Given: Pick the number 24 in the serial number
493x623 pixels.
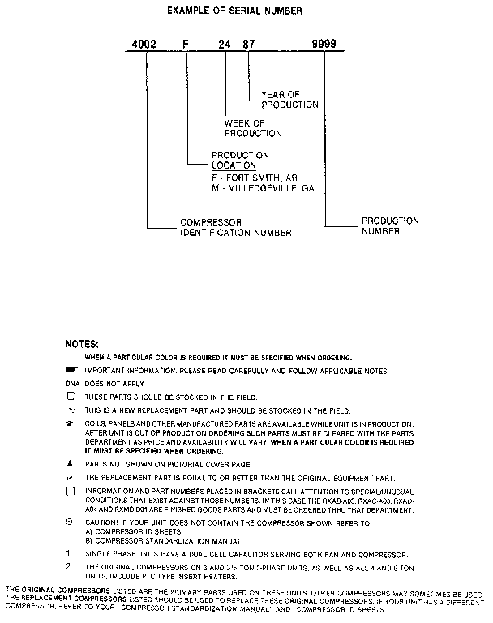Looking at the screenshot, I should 223,45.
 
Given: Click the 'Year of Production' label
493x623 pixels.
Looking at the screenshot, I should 289,99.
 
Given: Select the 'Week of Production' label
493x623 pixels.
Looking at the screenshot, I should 253,128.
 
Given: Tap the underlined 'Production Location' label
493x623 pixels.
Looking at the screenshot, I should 240,160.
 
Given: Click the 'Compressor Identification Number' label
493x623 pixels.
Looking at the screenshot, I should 235,227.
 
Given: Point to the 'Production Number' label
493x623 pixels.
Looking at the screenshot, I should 390,226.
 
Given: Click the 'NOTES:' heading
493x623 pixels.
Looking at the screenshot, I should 81,344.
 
